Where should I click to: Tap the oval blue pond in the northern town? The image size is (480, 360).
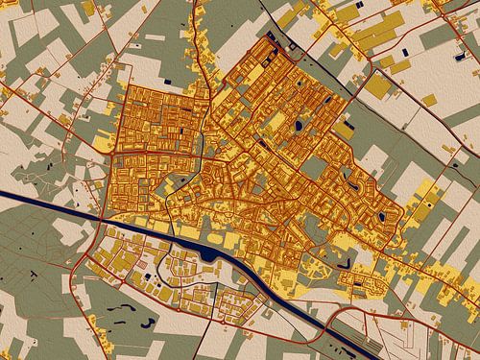[299, 125]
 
